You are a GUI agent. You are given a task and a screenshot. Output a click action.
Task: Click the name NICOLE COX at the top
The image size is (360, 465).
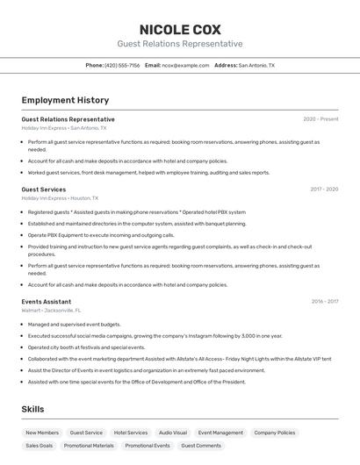(180, 29)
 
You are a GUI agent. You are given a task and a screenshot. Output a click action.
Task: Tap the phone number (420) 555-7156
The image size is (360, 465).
(122, 65)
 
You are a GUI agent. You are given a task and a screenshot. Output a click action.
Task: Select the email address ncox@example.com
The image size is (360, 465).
(185, 65)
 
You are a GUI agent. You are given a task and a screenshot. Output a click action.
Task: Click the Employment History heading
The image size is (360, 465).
(65, 100)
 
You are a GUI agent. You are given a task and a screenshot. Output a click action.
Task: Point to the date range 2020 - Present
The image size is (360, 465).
(320, 119)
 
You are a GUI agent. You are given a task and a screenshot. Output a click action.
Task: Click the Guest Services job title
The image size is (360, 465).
(44, 190)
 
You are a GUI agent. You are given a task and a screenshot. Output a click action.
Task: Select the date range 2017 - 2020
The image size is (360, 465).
(323, 190)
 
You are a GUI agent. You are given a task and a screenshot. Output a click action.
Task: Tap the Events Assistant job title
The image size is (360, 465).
(47, 302)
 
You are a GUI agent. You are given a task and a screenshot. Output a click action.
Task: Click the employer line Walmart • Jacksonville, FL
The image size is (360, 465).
(51, 311)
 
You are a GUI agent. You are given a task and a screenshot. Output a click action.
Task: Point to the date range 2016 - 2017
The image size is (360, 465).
(325, 302)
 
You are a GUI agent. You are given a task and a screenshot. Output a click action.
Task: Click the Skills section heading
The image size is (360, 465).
(32, 409)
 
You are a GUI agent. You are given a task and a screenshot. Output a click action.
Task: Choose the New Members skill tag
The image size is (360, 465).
(42, 433)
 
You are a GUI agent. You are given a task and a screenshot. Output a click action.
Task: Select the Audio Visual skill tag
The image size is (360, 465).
(172, 433)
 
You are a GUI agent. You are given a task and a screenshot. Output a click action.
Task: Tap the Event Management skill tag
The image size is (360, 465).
(220, 433)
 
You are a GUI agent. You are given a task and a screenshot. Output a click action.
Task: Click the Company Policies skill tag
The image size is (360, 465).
(275, 433)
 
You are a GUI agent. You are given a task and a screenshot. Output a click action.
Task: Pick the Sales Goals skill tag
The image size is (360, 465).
(39, 446)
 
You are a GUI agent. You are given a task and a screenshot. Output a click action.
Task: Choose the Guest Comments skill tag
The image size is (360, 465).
(201, 446)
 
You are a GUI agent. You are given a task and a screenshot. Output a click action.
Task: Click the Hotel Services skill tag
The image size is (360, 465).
(131, 433)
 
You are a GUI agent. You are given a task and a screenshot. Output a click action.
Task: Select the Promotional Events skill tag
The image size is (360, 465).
(148, 446)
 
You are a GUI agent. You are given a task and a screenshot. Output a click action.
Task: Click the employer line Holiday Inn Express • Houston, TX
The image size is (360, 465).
(60, 198)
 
